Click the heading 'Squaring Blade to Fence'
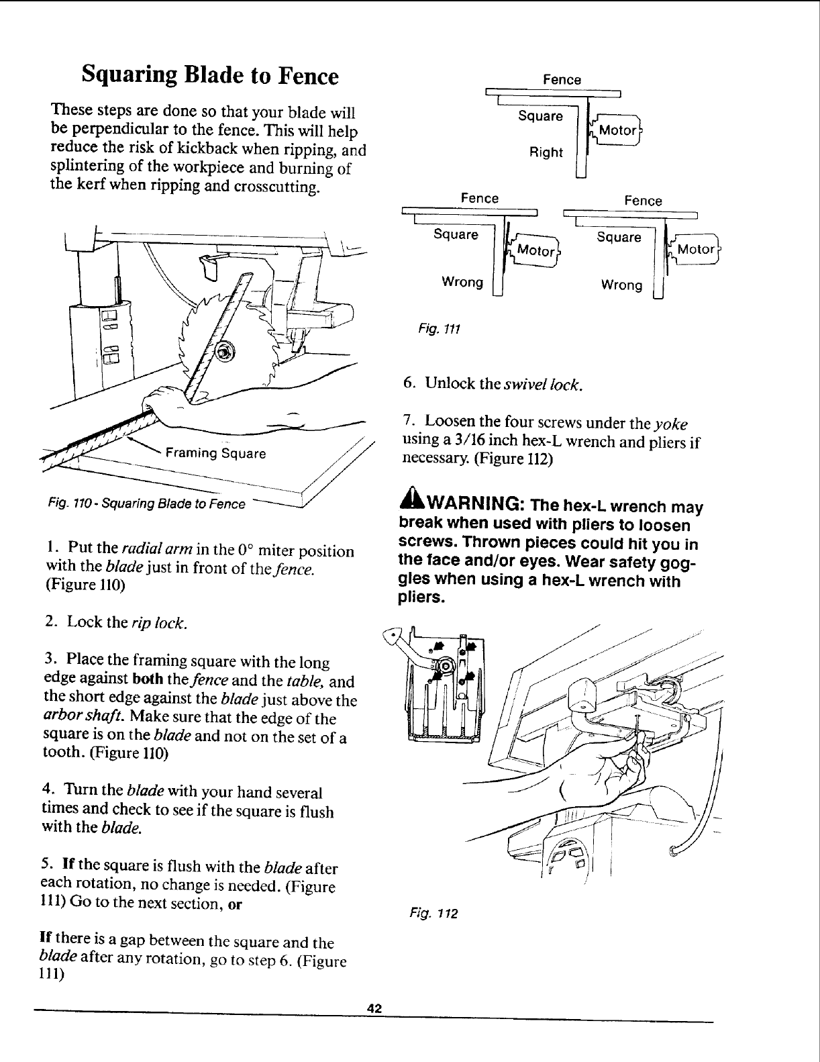(x=209, y=75)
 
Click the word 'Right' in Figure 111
(x=546, y=152)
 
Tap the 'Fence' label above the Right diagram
(x=562, y=79)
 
